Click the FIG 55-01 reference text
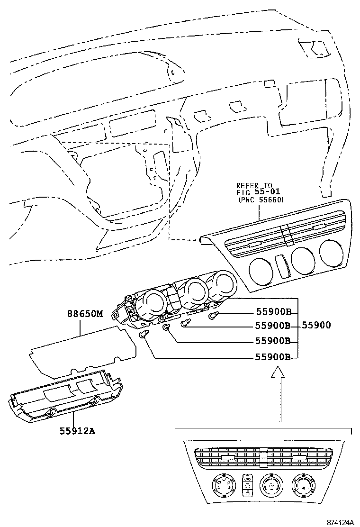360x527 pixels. [x=259, y=193]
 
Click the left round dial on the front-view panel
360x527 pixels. [x=222, y=486]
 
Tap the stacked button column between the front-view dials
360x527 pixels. [x=247, y=485]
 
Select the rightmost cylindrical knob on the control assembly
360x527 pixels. [x=221, y=284]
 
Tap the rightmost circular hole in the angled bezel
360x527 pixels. [x=332, y=253]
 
